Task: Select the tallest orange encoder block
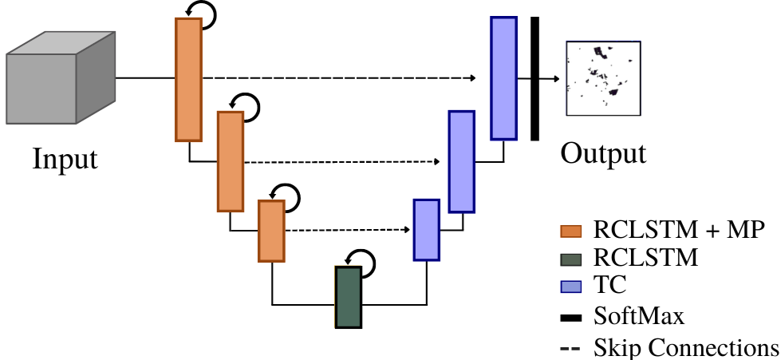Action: pos(188,80)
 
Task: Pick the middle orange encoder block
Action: pos(230,161)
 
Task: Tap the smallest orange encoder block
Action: pos(271,231)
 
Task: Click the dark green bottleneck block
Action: pos(348,297)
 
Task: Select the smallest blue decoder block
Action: pos(426,230)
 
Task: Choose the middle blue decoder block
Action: pos(461,162)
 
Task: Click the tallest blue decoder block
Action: pos(503,78)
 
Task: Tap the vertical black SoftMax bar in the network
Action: pos(534,78)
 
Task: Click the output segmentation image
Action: pos(601,79)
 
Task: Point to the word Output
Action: pos(602,152)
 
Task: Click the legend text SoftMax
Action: pos(639,316)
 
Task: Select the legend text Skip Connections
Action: pos(685,347)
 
